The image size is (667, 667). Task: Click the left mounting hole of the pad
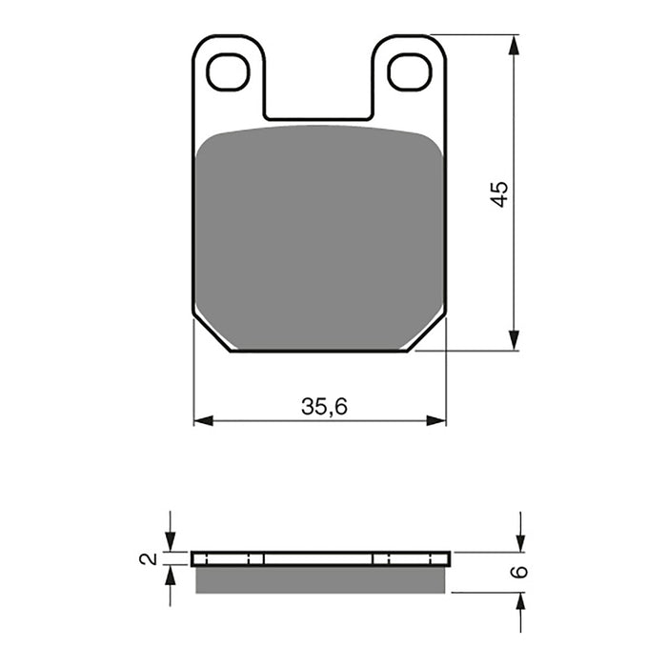pyautogui.click(x=228, y=72)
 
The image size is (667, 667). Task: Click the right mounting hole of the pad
pyautogui.click(x=410, y=72)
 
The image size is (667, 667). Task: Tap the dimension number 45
pyautogui.click(x=500, y=194)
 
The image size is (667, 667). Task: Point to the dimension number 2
pyautogui.click(x=145, y=559)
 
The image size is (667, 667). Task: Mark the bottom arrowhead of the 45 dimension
pyautogui.click(x=515, y=340)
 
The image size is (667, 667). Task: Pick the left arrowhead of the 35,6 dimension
pyautogui.click(x=203, y=420)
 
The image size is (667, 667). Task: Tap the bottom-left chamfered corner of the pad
pyautogui.click(x=212, y=334)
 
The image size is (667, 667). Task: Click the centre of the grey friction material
pyautogui.click(x=319, y=238)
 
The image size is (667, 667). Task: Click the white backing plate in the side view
pyautogui.click(x=319, y=558)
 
